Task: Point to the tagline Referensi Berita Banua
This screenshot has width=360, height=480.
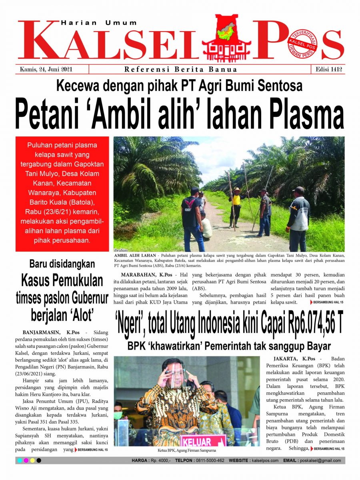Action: click(x=181, y=70)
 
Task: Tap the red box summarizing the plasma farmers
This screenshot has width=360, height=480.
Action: click(x=62, y=194)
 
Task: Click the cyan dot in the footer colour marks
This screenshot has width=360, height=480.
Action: click(x=20, y=461)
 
